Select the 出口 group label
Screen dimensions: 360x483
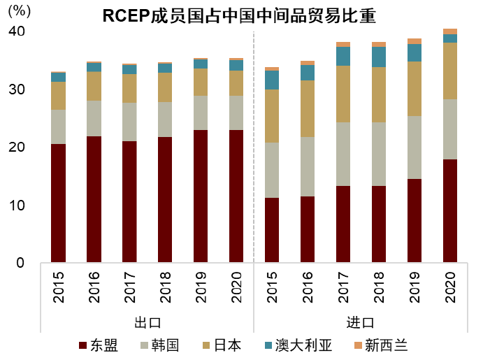tap(147, 323)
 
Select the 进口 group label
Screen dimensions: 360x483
tap(361, 323)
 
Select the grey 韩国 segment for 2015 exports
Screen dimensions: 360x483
tap(58, 127)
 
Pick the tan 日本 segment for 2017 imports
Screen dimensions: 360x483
tap(343, 94)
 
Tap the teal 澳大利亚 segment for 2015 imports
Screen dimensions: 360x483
tap(272, 80)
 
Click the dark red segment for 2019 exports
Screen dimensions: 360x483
tap(201, 196)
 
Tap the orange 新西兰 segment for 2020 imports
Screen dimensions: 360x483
tap(450, 31)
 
